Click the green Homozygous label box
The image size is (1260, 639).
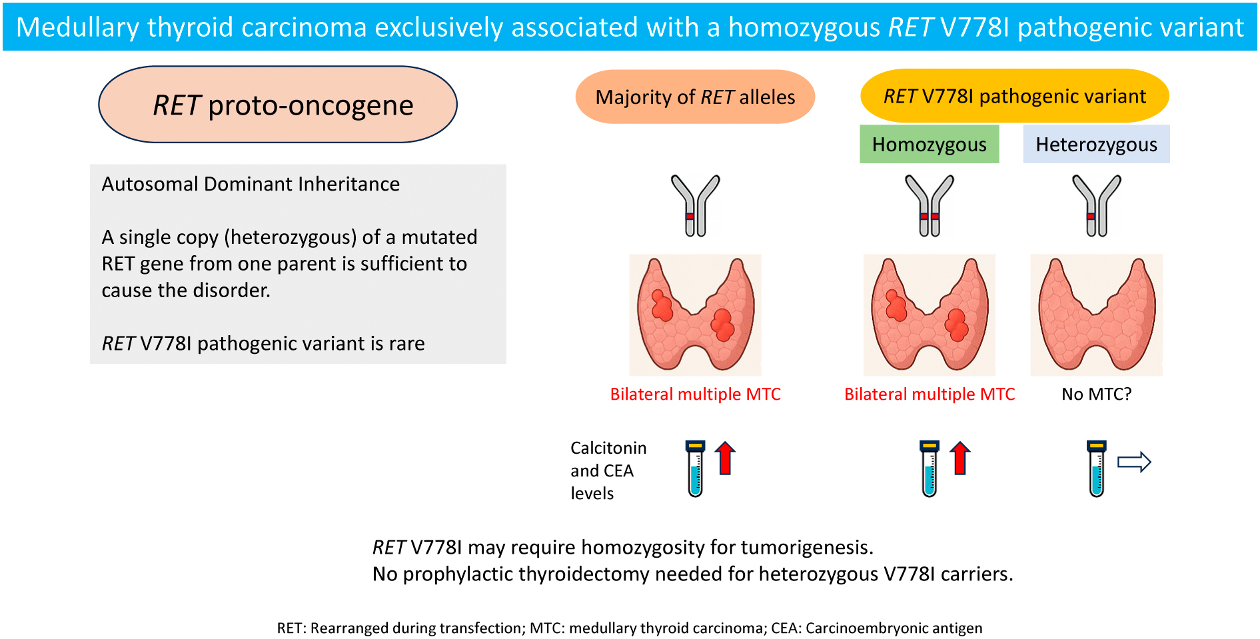[929, 145]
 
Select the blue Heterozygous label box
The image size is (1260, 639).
[1096, 145]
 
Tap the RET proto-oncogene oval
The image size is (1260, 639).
[278, 105]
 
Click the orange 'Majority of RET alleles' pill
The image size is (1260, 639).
[695, 97]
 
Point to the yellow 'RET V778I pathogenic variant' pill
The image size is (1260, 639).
[1014, 96]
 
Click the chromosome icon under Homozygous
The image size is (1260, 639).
[930, 205]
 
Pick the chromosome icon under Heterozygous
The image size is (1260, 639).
[1097, 205]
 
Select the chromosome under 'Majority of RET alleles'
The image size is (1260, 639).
[696, 205]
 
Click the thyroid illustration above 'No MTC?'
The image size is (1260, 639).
[1097, 315]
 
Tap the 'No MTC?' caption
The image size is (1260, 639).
[1096, 394]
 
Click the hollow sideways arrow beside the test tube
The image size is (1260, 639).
[1134, 462]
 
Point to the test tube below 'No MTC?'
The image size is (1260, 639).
[1097, 468]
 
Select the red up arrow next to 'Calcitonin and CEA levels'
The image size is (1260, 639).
[725, 458]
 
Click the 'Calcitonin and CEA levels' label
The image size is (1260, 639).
[608, 470]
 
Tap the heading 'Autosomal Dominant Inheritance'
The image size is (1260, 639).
[251, 184]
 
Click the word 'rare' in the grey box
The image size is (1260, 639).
[406, 343]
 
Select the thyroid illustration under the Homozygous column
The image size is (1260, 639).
[930, 315]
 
